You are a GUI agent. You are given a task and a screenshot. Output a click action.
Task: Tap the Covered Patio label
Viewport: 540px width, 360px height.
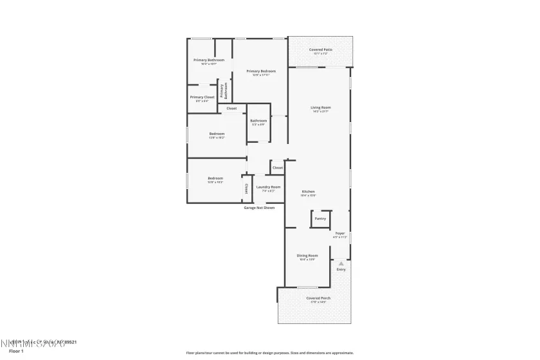point(320,50)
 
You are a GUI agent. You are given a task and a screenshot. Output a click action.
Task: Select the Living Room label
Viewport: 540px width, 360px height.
point(320,107)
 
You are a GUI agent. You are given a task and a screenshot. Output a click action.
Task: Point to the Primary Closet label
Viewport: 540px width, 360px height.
point(202,97)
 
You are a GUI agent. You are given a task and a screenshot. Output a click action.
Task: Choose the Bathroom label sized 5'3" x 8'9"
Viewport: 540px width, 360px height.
point(258,121)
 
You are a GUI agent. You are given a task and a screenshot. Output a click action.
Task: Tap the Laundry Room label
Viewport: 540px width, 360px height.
point(268,187)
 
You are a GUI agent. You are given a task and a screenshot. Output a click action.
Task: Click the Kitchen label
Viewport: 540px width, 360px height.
point(309,192)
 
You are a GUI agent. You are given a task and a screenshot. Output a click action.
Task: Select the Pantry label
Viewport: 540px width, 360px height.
point(320,219)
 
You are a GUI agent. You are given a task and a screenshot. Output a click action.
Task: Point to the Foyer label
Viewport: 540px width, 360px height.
point(339,233)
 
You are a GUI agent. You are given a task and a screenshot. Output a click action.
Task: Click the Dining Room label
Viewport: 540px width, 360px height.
point(307,255)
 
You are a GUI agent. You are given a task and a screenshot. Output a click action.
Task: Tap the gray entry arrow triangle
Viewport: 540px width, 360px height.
point(341,264)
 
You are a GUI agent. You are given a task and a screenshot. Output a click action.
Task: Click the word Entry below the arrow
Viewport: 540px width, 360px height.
point(341,269)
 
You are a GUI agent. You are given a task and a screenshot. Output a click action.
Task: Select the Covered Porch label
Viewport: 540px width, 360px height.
point(318,298)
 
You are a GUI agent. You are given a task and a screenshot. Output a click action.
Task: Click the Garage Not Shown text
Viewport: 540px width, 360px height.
point(259,208)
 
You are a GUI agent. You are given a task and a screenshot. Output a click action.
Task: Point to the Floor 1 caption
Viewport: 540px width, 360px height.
point(16,352)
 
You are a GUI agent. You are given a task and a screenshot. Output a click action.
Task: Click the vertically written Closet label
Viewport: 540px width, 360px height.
point(246,188)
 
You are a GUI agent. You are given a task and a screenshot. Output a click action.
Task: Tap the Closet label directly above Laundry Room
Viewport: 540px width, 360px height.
point(277,168)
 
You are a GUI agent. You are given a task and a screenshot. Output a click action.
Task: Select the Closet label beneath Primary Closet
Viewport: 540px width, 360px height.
point(231,109)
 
